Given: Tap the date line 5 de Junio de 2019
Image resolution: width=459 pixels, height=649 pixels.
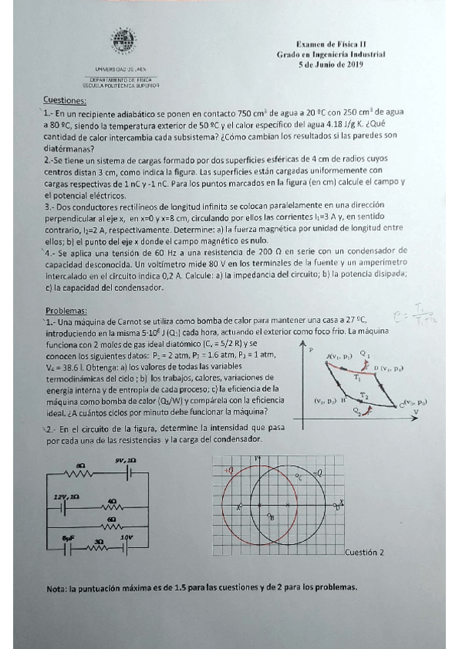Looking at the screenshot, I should pos(331,65).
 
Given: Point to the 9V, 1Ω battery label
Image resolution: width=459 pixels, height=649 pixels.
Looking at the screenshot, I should pos(125,460).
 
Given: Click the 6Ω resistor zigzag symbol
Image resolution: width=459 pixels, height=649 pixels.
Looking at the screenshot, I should pos(113,527).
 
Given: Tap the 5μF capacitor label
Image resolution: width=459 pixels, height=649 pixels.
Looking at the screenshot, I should pos(67,538).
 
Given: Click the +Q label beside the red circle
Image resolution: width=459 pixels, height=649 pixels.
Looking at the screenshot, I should pos(228,468).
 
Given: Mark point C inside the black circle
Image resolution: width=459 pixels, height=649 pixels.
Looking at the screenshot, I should pos(300,478).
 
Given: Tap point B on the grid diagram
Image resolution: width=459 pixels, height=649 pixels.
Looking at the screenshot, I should pos(270,517).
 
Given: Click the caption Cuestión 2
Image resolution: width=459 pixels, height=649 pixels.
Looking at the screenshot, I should pos(365,551).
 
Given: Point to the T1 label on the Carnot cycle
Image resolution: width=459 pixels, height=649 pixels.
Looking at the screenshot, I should pos(358,379).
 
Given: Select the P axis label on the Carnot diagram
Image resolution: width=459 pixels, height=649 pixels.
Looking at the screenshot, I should pos(311,350).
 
